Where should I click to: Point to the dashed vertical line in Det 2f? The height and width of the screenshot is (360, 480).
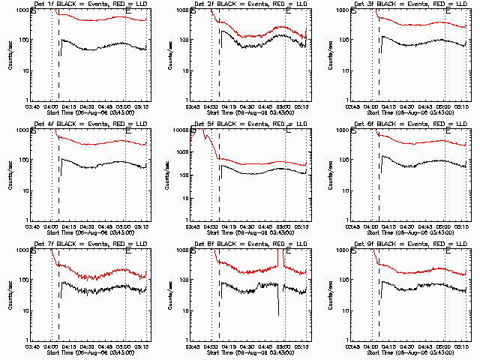(219, 67)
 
